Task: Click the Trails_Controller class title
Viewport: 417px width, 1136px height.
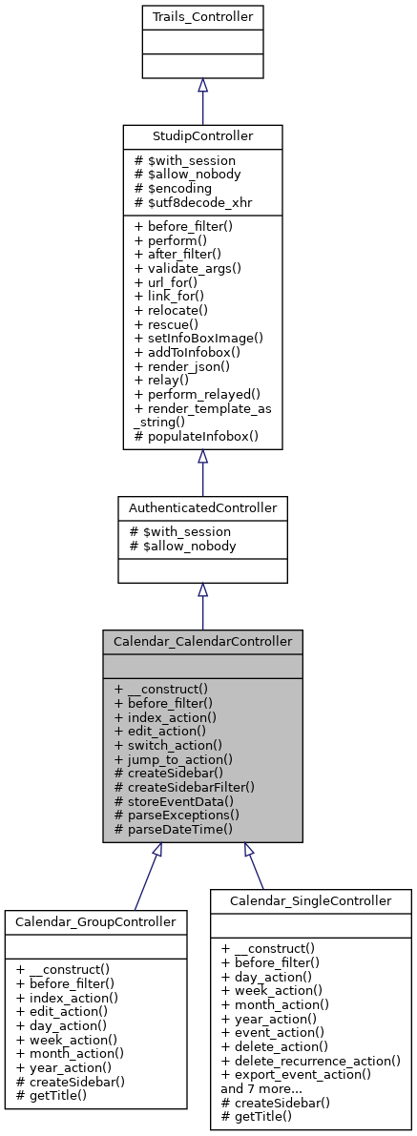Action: [202, 16]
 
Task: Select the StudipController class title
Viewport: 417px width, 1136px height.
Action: [202, 136]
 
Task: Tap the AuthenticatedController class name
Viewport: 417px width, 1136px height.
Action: [202, 507]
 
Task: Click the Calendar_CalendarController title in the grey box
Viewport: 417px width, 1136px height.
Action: [202, 641]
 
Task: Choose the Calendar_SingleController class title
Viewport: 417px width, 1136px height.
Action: [311, 900]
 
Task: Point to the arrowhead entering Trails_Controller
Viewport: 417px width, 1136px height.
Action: [202, 85]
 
